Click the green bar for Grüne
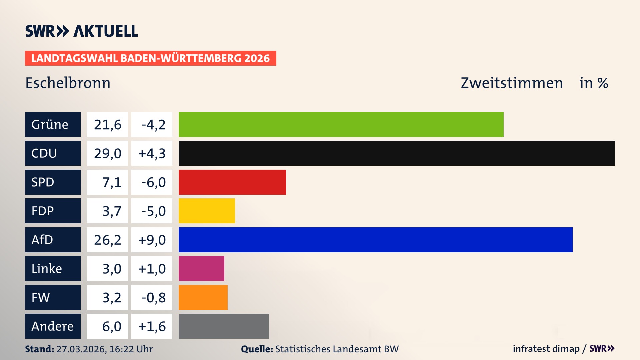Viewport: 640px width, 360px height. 341,124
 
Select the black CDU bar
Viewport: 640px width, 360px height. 397,153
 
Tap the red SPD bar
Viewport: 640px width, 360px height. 232,182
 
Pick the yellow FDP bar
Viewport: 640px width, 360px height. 207,211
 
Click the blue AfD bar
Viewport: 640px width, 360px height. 375,240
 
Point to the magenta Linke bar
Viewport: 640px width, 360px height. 201,268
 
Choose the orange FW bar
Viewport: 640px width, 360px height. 203,297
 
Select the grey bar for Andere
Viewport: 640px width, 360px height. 224,326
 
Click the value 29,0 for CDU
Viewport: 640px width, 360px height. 107,153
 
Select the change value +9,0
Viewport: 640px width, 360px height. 152,240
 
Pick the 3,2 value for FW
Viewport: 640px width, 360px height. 111,297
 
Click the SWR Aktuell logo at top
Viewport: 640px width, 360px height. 82,31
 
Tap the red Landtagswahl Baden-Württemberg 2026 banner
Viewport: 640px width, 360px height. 150,58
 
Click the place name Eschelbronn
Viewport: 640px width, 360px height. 68,83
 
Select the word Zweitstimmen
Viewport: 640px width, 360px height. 512,83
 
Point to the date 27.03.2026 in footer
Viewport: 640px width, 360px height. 81,349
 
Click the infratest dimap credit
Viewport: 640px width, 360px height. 546,349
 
